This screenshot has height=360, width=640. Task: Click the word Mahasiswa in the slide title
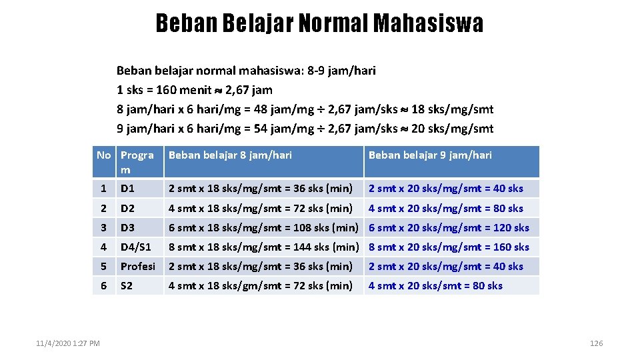point(428,23)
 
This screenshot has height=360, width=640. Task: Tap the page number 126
point(596,343)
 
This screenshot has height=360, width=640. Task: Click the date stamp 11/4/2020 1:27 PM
point(68,343)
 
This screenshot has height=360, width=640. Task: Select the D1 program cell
point(127,189)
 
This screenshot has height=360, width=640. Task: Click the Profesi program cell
point(137,266)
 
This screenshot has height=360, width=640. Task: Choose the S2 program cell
point(127,285)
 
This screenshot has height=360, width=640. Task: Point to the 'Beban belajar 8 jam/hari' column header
point(230,155)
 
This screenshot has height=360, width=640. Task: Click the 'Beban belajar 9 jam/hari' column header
point(430,155)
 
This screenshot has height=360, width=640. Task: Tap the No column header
point(104,155)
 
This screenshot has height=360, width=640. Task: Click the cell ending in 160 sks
point(448,247)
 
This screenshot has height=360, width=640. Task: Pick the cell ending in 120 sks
point(448,227)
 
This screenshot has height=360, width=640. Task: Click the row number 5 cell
point(103,266)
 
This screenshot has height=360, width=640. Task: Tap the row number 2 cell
point(103,208)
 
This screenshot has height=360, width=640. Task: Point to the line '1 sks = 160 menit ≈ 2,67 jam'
point(194,90)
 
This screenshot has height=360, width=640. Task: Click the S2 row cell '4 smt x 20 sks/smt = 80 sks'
point(435,285)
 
